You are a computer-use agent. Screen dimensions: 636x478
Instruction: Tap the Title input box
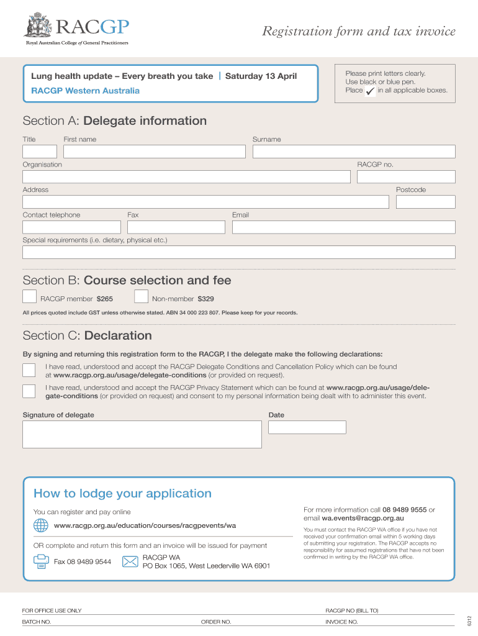[40, 152]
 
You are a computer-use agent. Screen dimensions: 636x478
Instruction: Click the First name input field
[154, 152]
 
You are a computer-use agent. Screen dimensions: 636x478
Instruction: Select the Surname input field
[354, 152]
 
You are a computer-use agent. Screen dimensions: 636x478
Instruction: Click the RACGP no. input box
[406, 177]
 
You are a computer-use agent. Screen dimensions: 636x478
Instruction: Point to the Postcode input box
[425, 202]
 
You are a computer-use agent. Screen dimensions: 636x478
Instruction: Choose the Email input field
[343, 227]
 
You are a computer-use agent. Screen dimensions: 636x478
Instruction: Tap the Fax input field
[176, 227]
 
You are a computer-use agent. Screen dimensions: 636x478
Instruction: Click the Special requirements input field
[239, 252]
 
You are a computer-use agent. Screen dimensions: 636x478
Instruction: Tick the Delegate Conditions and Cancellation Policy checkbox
[29, 371]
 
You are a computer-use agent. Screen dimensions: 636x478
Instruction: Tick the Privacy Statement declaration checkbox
[29, 391]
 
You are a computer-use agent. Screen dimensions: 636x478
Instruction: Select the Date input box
[307, 427]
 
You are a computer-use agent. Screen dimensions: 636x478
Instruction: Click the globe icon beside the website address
[41, 525]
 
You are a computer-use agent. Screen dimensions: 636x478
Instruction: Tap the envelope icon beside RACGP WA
[130, 561]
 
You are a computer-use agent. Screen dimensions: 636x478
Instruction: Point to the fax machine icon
[41, 561]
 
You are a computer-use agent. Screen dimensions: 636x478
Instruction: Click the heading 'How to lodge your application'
[122, 494]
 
